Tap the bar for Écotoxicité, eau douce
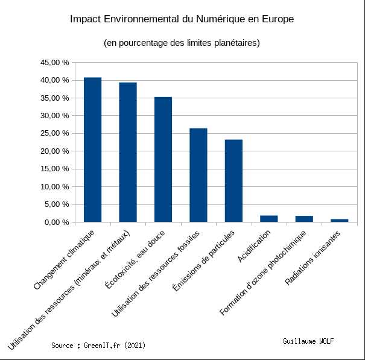point(163,159)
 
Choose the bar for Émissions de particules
point(233,181)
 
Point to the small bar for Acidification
point(269,219)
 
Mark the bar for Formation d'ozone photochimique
point(304,219)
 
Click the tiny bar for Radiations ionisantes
point(340,220)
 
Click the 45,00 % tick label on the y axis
point(54,62)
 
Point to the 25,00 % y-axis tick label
point(54,133)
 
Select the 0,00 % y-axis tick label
point(57,222)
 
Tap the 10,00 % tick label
point(54,186)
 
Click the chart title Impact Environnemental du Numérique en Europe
point(182,19)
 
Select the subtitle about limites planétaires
point(182,43)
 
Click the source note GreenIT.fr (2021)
point(98,346)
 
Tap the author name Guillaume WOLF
point(308,341)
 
